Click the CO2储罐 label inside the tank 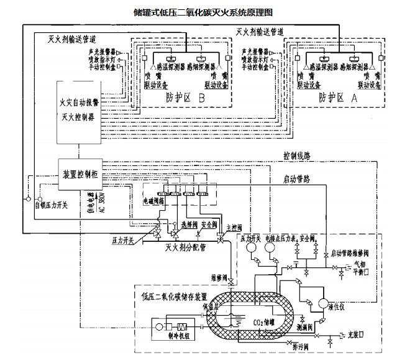click(263, 321)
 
